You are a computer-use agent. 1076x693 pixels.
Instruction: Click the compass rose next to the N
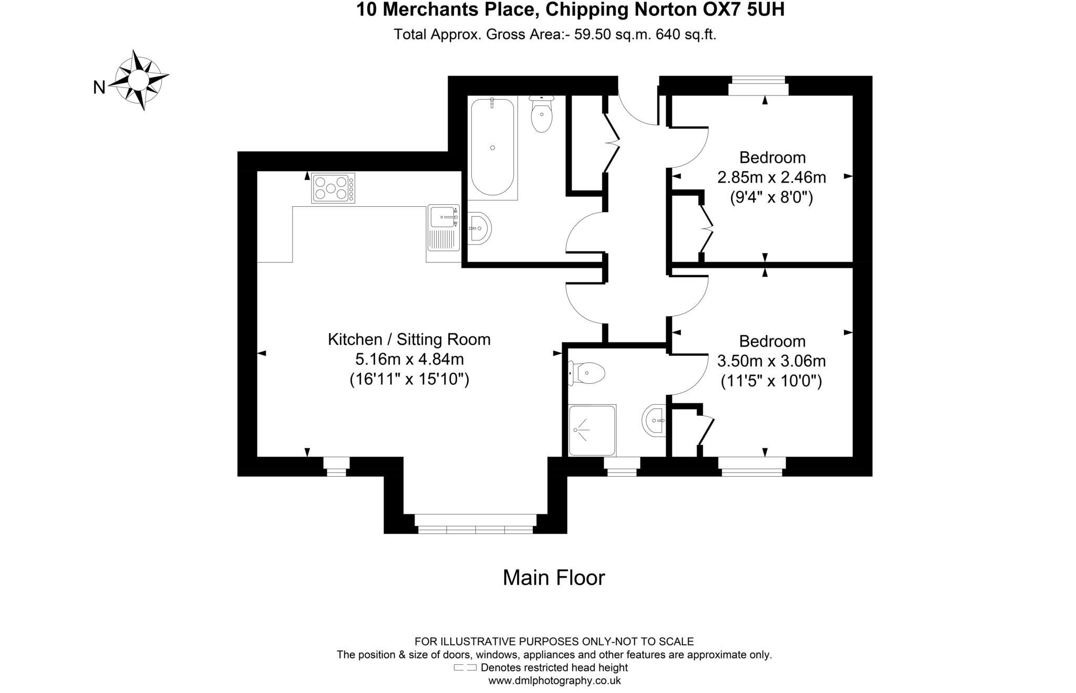(139, 80)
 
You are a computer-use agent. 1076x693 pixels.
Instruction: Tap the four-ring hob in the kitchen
(333, 188)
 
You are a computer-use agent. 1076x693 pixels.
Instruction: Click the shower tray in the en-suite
(592, 430)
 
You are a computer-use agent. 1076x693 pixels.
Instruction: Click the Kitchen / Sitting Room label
(409, 340)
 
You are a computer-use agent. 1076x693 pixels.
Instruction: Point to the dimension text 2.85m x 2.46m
(771, 177)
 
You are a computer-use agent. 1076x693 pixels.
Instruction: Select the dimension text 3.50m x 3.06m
(771, 361)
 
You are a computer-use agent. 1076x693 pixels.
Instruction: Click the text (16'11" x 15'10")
(409, 379)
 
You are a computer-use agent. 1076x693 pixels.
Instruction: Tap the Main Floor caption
(554, 577)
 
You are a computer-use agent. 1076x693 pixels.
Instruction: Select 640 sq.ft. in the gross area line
(686, 35)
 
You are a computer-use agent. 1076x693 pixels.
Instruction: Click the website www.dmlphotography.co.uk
(554, 681)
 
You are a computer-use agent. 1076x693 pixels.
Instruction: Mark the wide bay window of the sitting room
(475, 524)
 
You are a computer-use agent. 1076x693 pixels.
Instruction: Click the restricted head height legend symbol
(465, 668)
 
